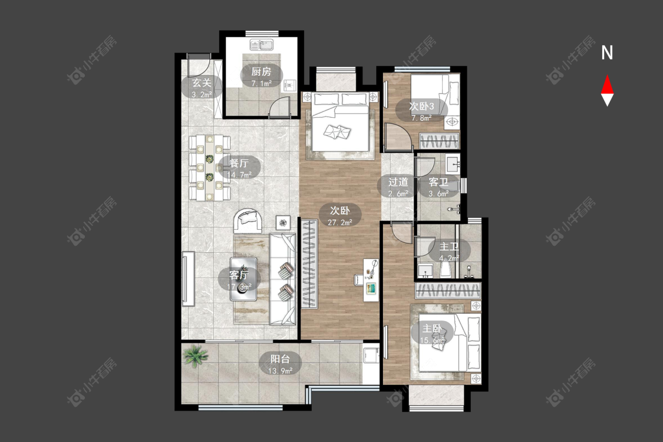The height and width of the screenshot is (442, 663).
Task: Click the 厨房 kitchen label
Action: (x=261, y=71)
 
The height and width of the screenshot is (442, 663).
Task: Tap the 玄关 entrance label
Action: (x=202, y=83)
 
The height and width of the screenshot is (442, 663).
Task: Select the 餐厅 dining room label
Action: (x=239, y=163)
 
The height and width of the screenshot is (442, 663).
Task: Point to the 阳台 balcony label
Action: (x=281, y=359)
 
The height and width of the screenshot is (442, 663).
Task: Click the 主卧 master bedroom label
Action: (x=432, y=328)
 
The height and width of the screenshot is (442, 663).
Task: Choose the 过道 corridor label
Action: (x=398, y=182)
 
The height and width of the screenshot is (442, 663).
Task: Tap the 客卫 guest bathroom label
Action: (x=438, y=182)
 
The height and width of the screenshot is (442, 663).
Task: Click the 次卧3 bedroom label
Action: (x=421, y=106)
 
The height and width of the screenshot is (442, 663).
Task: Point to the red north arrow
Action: (x=607, y=85)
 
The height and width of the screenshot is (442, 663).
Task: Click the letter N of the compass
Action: (x=607, y=53)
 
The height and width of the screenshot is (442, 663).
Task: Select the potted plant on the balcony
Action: (x=195, y=355)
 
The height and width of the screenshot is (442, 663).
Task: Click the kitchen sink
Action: (x=262, y=44)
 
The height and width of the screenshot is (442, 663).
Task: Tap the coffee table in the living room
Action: (x=243, y=279)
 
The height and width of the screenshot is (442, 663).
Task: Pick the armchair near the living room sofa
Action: (x=249, y=220)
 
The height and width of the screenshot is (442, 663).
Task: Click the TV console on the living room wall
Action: (x=188, y=279)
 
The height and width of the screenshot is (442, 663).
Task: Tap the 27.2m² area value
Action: (x=339, y=222)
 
